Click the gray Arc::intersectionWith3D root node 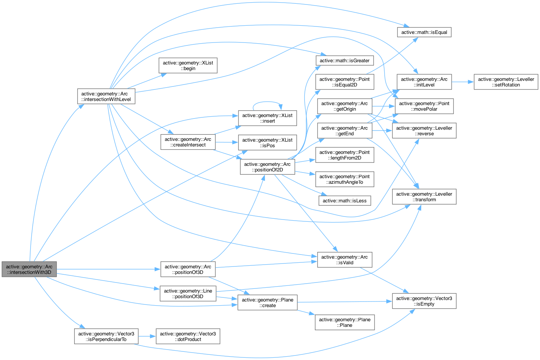(x=29, y=269)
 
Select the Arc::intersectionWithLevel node (x=106, y=96)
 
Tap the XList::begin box (x=188, y=65)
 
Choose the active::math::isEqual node (x=424, y=32)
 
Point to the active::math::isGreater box (x=344, y=60)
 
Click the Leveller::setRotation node (x=506, y=82)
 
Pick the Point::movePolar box (x=424, y=106)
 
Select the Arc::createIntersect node (x=188, y=142)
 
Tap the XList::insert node (x=267, y=118)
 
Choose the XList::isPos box (x=267, y=142)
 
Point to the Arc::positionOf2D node (x=267, y=167)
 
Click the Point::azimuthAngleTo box (x=344, y=179)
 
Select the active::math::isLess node (x=344, y=200)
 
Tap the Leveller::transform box (x=424, y=196)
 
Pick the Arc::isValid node (x=344, y=260)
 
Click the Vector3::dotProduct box (x=188, y=336)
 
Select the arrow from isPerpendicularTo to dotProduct (x=147, y=336)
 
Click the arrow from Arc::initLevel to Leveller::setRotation (x=462, y=82)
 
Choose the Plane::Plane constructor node (x=344, y=322)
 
